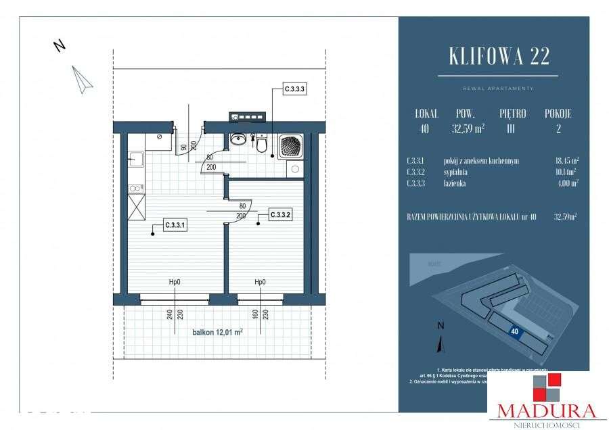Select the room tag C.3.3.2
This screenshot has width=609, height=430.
280,215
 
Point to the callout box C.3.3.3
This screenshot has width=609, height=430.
295,89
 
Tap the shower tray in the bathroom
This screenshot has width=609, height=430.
292,145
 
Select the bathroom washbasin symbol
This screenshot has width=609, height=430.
238,140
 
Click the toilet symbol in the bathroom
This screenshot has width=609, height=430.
262,143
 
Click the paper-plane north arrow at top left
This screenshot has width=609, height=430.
83,78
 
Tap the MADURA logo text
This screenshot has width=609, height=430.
547,410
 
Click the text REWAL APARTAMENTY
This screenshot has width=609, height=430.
498,89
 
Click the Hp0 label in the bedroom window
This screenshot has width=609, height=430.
259,283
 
